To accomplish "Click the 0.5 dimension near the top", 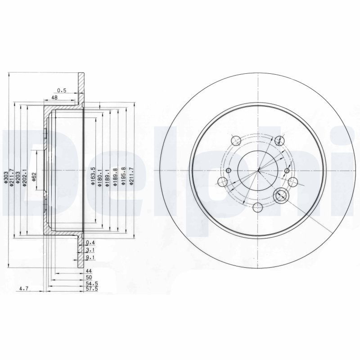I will coord(62,90).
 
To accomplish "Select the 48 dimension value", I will coord(54,97).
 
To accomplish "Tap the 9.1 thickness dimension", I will coord(90,258).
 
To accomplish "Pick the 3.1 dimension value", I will coord(90,250).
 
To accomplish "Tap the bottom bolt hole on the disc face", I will coord(258,207).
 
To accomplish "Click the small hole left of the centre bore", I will coord(229,171).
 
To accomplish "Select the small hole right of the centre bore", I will coord(287,171).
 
